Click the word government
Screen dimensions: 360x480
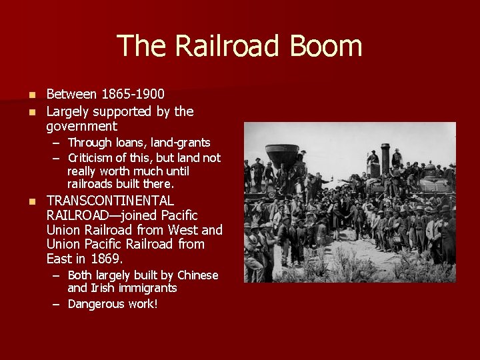click(81, 126)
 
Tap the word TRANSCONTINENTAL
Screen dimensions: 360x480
click(110, 201)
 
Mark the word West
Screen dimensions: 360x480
click(184, 230)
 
